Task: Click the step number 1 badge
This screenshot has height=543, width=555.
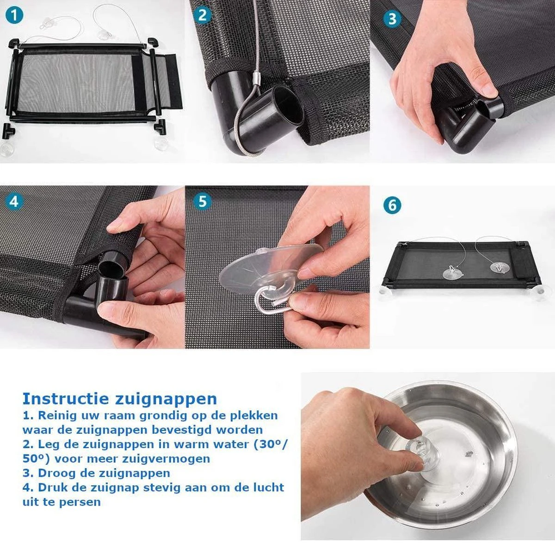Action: click(x=15, y=15)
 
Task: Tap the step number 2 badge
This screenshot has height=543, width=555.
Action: click(x=202, y=15)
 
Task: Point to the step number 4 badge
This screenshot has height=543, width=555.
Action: click(x=14, y=202)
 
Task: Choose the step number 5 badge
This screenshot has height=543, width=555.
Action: click(x=203, y=201)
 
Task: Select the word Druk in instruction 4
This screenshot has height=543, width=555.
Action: click(x=53, y=487)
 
